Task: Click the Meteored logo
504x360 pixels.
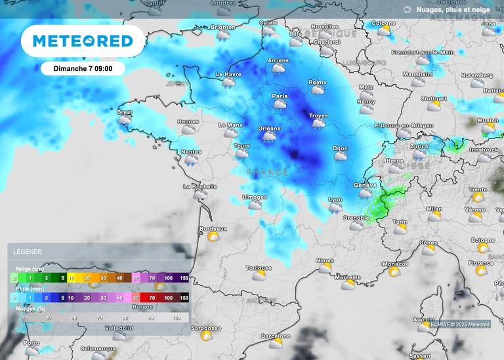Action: (x=83, y=41)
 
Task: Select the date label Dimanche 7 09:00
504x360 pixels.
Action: (x=82, y=68)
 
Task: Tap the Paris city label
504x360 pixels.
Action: (x=280, y=96)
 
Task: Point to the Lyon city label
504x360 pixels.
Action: (x=335, y=199)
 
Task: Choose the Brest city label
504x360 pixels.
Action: (x=124, y=112)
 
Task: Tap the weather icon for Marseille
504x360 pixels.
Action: (x=348, y=285)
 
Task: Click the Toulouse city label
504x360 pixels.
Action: (x=259, y=268)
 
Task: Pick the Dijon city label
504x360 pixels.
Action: (x=340, y=149)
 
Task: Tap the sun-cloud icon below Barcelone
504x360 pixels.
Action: (x=276, y=343)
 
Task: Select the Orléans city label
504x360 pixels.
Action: (x=269, y=129)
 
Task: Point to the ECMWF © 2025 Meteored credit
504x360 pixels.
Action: (x=460, y=324)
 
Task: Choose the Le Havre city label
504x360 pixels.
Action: (x=228, y=75)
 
